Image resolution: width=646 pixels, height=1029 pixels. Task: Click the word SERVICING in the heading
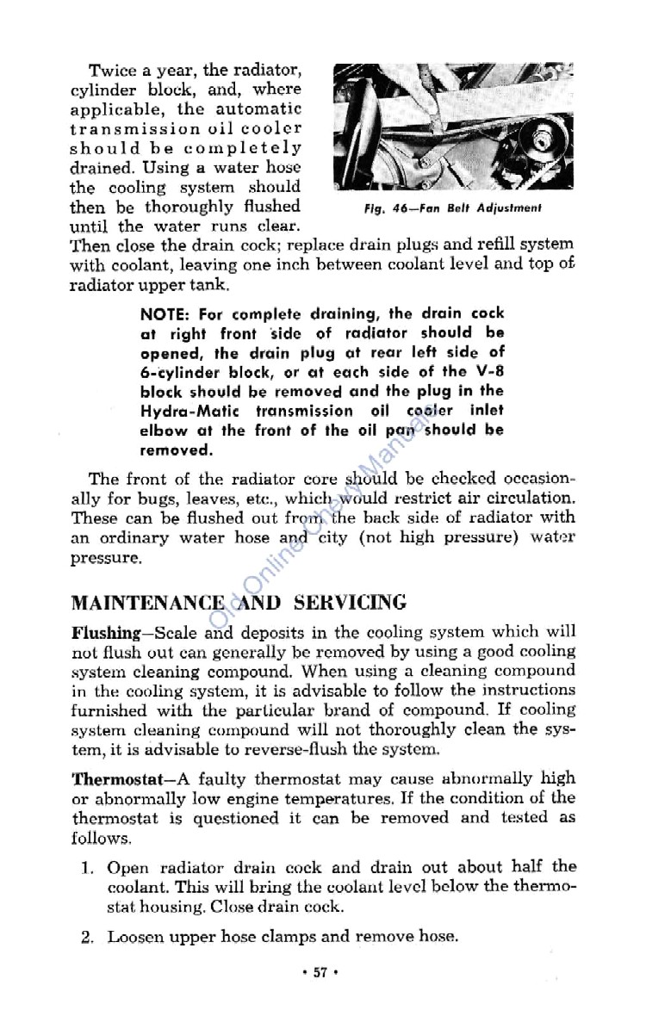click(350, 602)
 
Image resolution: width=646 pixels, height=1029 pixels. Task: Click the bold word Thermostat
click(113, 778)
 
